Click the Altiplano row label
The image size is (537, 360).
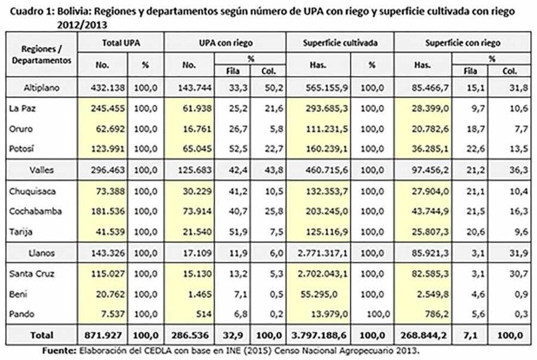coord(41,88)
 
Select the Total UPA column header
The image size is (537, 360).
coord(121,43)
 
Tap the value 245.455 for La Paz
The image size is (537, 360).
coord(108,108)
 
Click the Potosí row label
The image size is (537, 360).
coord(21,148)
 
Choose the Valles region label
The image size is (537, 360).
coord(41,170)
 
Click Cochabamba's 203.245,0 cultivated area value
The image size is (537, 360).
coord(327,211)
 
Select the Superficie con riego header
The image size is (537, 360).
coord(462,43)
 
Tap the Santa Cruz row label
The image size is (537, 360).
coord(32,273)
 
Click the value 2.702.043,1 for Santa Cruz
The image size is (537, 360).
coord(323,273)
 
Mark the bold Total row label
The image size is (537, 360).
coord(42,335)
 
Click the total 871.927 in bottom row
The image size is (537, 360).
coord(103,335)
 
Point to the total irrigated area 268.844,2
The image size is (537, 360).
coord(423,335)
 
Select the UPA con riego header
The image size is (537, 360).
coord(226,43)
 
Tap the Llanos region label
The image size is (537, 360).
coord(41,253)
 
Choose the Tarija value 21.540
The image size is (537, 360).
coord(197,232)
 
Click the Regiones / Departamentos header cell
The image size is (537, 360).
coord(42,54)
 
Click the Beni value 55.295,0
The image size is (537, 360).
coord(318,294)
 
